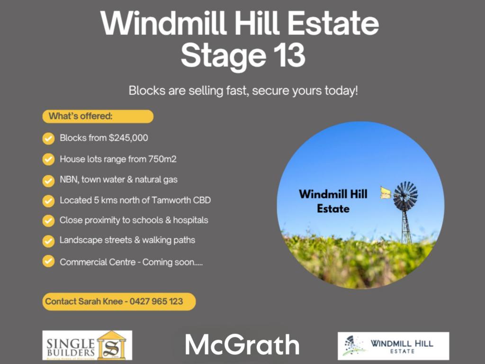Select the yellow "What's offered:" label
(x=98, y=117)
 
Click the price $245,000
(x=128, y=138)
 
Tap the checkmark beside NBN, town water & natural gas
(x=48, y=180)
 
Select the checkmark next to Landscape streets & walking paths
(x=48, y=241)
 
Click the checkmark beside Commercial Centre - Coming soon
(x=48, y=261)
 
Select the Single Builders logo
(x=87, y=345)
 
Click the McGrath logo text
(x=242, y=345)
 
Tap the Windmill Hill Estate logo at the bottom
(x=393, y=346)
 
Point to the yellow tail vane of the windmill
(x=386, y=192)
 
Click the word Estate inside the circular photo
(x=333, y=208)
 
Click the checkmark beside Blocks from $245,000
(x=48, y=138)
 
